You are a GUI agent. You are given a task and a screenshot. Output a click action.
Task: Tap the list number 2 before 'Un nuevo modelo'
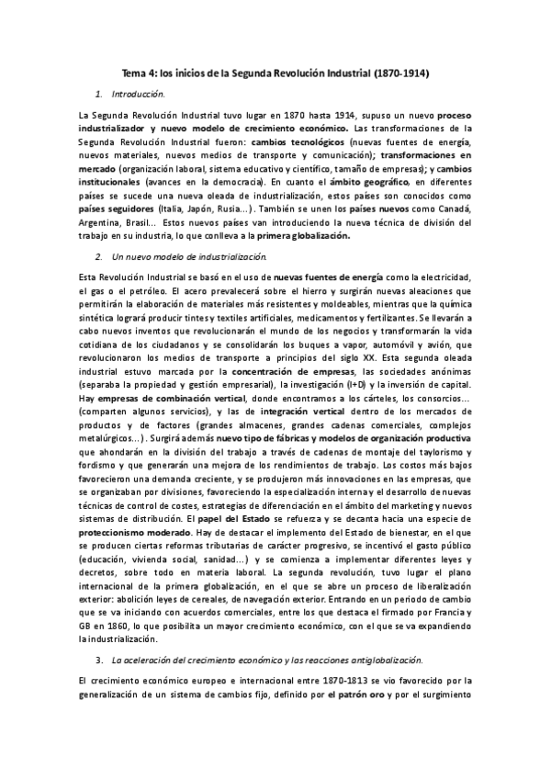click(x=98, y=253)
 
